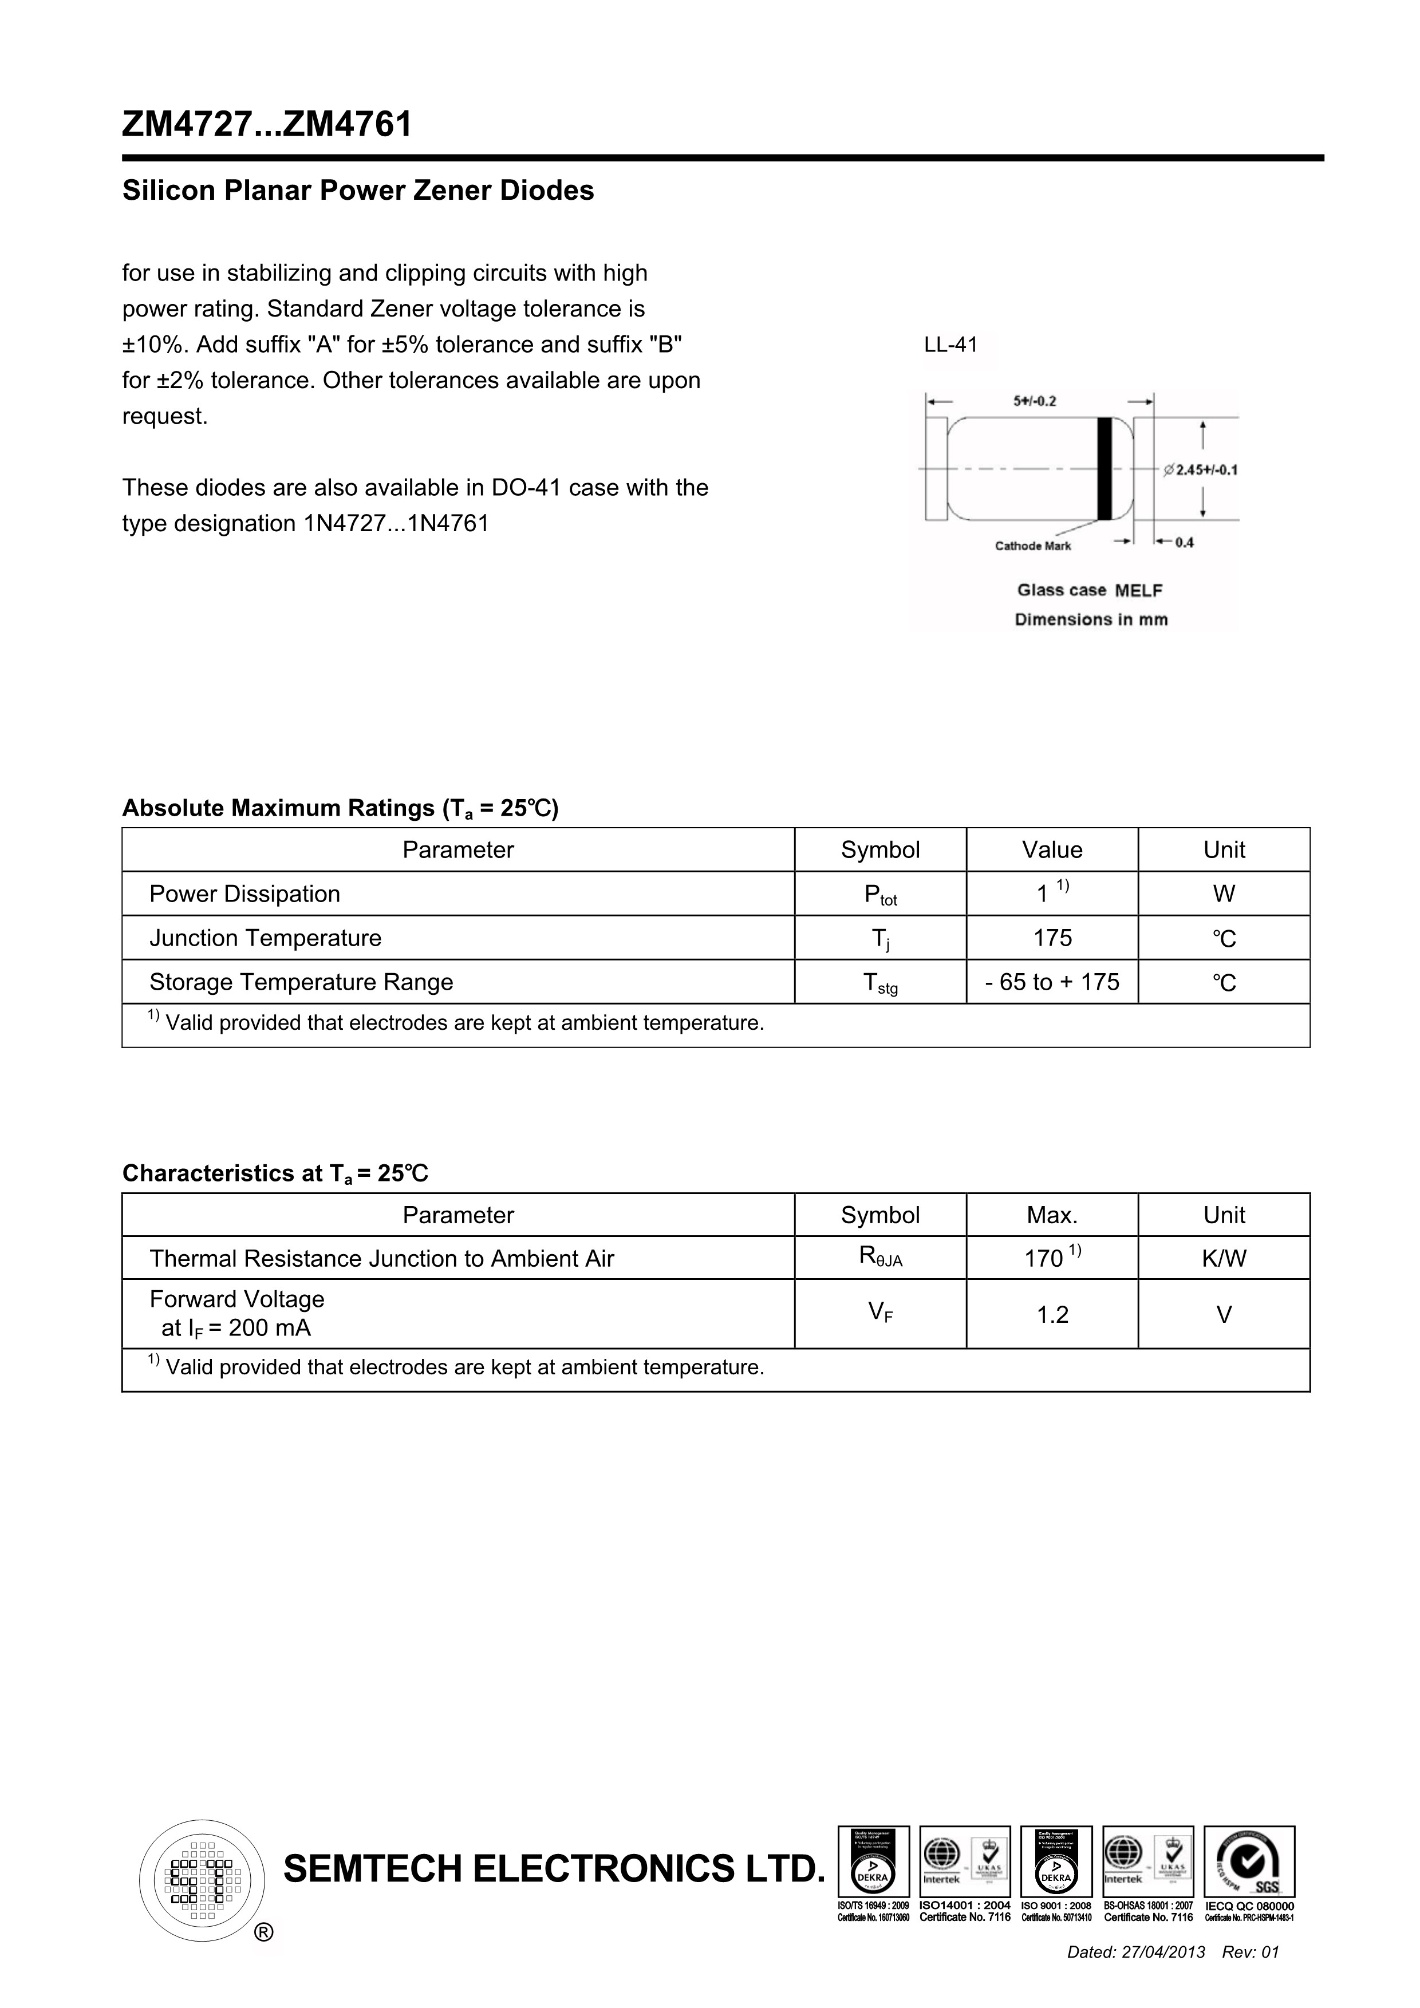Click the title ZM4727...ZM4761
coord(267,125)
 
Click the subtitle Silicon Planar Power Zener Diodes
coord(358,191)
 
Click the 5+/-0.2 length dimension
coord(1035,401)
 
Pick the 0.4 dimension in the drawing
coord(1184,542)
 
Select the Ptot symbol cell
coord(880,895)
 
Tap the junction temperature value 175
coord(1052,938)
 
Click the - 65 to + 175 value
coord(1052,982)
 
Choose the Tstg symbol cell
coord(880,983)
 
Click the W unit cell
coord(1224,894)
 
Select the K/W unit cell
coord(1224,1259)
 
